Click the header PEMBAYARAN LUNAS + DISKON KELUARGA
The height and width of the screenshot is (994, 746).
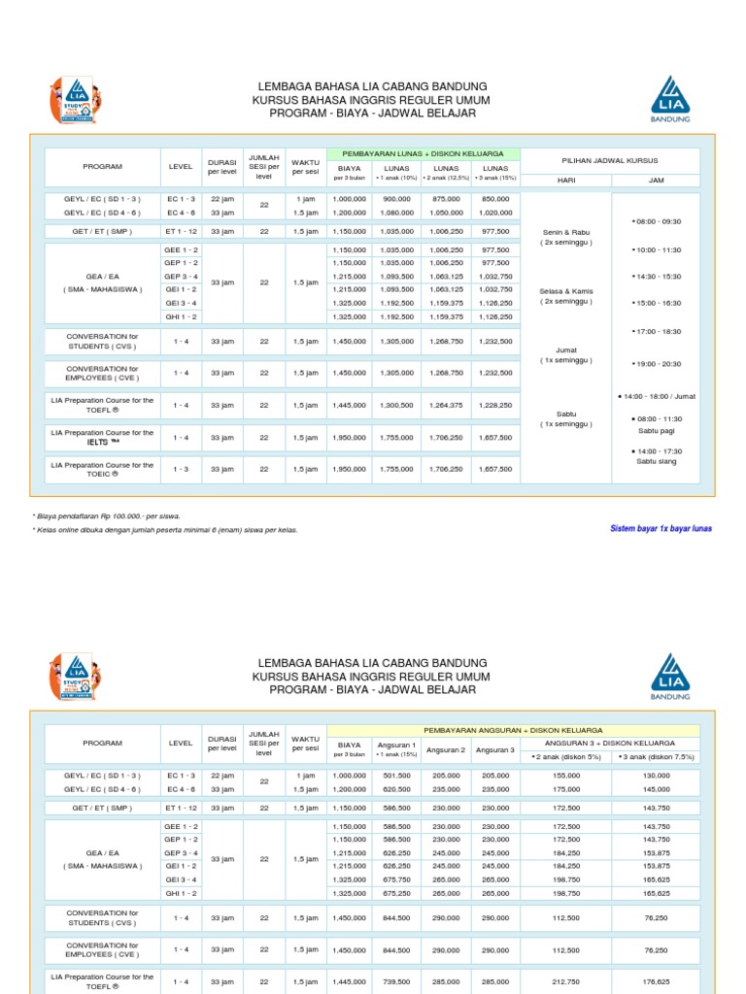click(424, 153)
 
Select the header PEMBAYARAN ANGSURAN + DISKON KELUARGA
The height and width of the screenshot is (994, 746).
click(513, 729)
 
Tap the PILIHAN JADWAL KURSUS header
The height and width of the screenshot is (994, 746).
click(610, 159)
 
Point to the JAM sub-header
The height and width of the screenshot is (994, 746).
click(656, 180)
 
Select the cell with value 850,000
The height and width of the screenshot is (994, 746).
click(495, 198)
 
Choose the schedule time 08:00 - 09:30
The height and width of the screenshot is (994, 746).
click(657, 221)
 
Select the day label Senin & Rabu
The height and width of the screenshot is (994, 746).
click(565, 233)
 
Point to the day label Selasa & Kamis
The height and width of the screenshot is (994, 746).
click(565, 291)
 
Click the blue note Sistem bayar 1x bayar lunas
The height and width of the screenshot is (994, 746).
click(661, 528)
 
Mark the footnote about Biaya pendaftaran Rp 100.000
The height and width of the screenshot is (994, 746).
click(107, 516)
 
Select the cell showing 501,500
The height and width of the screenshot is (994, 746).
click(397, 776)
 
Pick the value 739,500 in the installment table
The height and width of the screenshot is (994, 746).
click(397, 981)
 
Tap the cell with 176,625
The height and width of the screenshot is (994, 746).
click(656, 981)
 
